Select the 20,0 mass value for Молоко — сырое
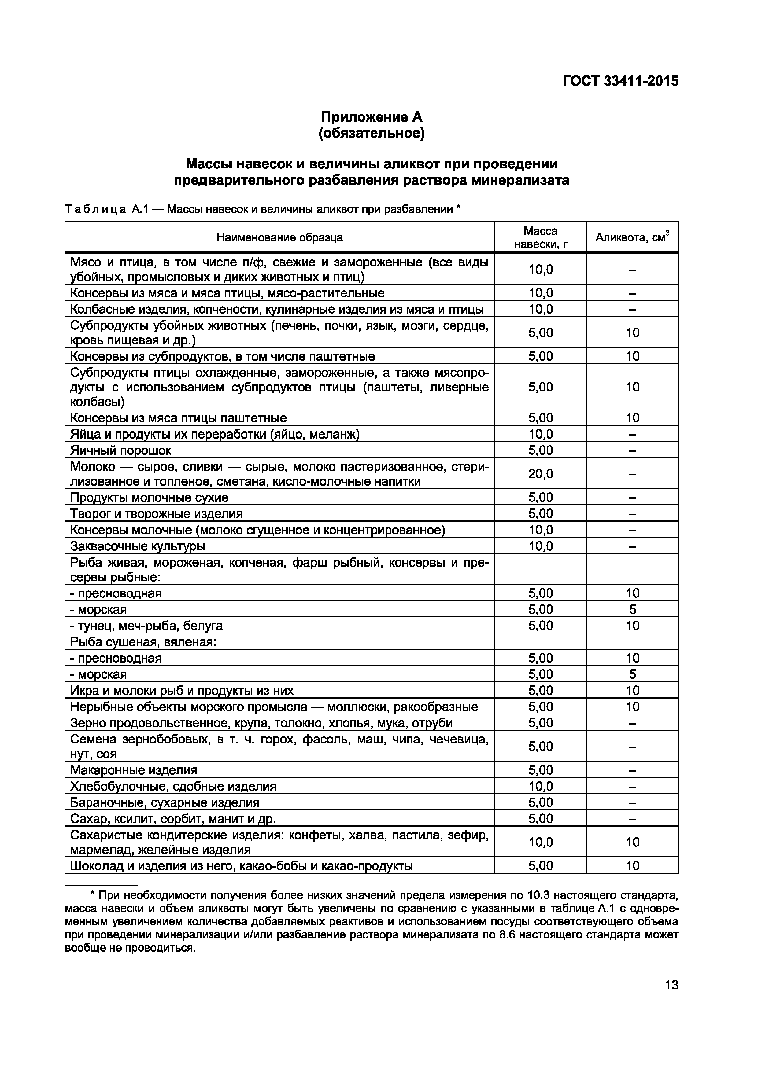(540, 474)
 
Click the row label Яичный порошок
(120, 450)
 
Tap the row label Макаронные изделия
(134, 770)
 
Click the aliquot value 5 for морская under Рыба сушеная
(632, 674)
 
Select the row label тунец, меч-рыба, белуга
(146, 626)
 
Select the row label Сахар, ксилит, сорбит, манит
(173, 818)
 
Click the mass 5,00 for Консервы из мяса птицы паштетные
(540, 418)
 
